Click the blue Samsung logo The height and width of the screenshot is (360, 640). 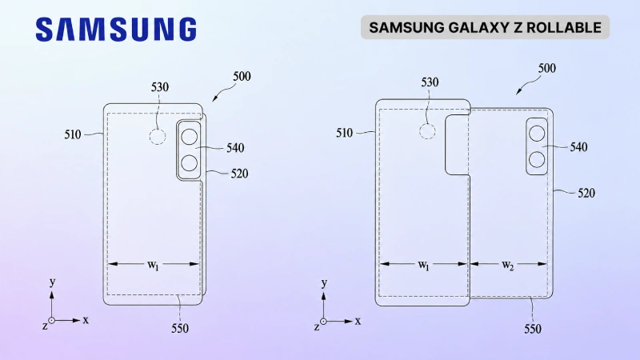[x=116, y=30]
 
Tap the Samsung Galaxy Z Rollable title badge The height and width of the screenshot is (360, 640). [x=485, y=27]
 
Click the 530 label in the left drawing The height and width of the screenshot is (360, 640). [x=159, y=87]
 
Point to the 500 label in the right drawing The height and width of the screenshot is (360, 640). [x=547, y=68]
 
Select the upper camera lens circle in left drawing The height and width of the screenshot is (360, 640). [x=190, y=137]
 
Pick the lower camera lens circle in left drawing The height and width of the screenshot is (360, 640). [x=190, y=163]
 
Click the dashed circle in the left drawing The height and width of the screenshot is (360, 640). [x=158, y=137]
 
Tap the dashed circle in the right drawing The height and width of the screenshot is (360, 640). [x=427, y=131]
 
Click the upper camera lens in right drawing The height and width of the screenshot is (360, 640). [x=537, y=134]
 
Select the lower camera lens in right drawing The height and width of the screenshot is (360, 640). [x=537, y=159]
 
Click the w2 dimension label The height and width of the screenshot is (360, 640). [x=508, y=266]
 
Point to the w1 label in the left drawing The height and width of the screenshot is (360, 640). [x=153, y=266]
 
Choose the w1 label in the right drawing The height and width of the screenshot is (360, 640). [x=424, y=266]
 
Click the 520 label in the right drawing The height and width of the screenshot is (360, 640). [x=586, y=193]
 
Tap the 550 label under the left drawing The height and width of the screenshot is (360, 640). [x=180, y=328]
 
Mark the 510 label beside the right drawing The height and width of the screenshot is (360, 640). [x=344, y=133]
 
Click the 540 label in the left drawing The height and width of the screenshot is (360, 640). [x=235, y=148]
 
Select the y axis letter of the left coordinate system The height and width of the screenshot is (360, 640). [x=52, y=282]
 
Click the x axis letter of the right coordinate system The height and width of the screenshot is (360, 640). [x=358, y=322]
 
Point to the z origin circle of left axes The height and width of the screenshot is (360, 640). [x=52, y=321]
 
